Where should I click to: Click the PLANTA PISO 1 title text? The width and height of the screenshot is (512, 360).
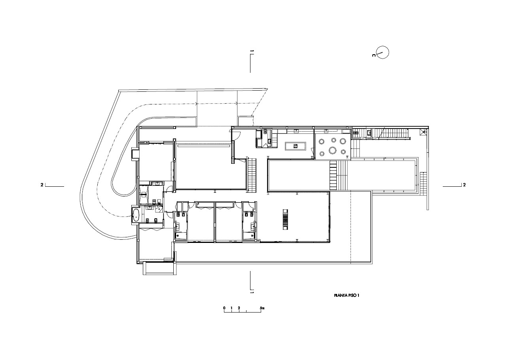tap(347, 295)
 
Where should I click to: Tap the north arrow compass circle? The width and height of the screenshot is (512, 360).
tap(383, 53)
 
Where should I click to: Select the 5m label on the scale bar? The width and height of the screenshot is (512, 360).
tap(262, 308)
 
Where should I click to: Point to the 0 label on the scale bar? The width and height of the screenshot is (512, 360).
tap(224, 308)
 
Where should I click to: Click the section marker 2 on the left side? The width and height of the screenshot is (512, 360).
tap(42, 185)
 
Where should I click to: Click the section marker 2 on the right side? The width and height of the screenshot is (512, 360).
tap(464, 185)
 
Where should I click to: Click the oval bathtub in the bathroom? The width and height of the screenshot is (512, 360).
tap(136, 215)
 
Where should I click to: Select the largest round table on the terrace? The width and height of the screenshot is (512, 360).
tap(332, 150)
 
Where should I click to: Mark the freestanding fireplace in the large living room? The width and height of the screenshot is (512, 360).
tap(285, 219)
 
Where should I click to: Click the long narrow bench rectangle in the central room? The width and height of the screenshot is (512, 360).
tap(203, 145)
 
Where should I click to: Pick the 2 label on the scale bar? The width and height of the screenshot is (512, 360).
tap(239, 308)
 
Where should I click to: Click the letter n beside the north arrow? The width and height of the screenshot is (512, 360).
tap(374, 55)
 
